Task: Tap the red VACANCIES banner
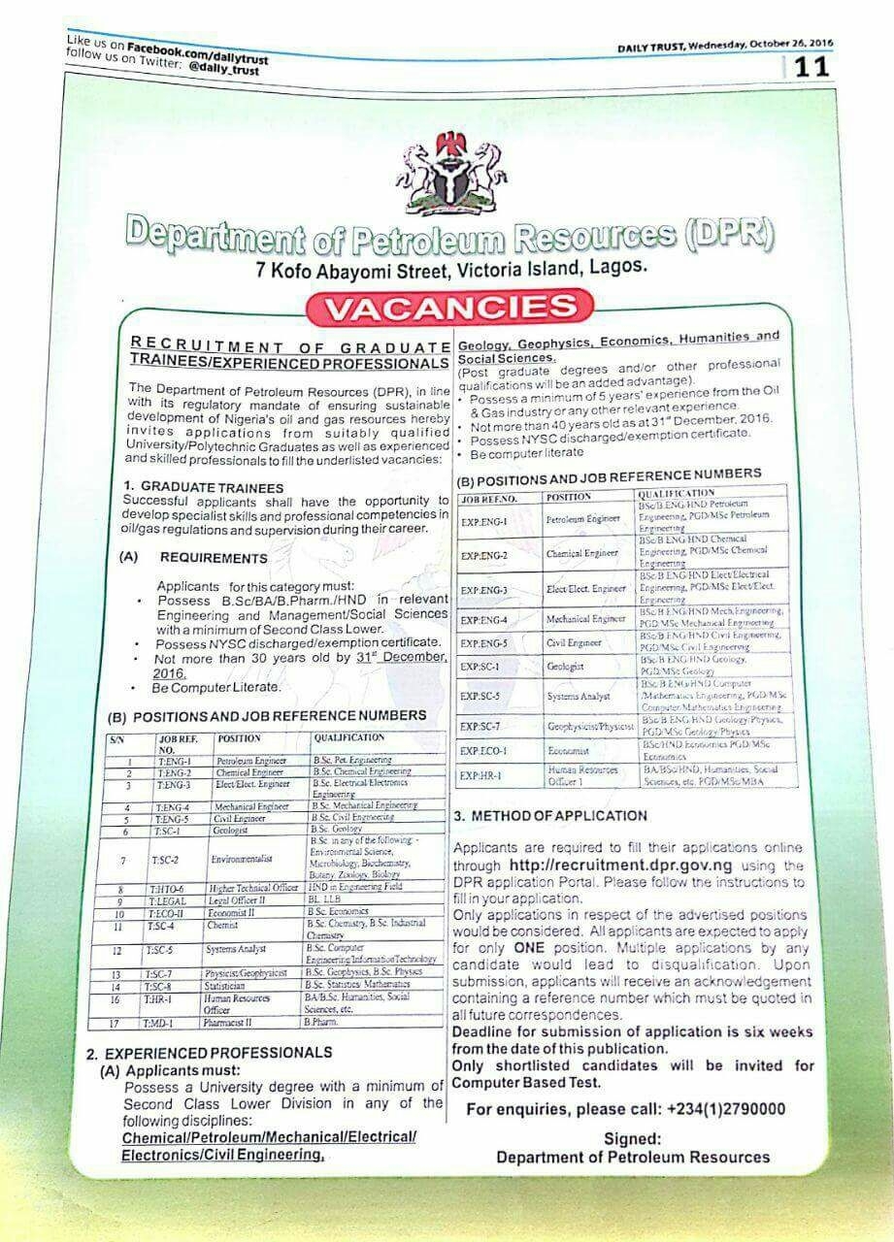point(448,308)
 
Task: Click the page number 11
point(811,69)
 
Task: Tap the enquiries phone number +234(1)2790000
point(726,1109)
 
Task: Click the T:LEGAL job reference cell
point(175,901)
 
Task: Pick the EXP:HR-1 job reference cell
point(484,774)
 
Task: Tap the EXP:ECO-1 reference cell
point(485,750)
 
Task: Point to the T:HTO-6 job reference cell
point(175,888)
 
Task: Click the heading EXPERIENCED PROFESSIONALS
point(218,1053)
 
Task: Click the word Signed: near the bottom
point(632,1139)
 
